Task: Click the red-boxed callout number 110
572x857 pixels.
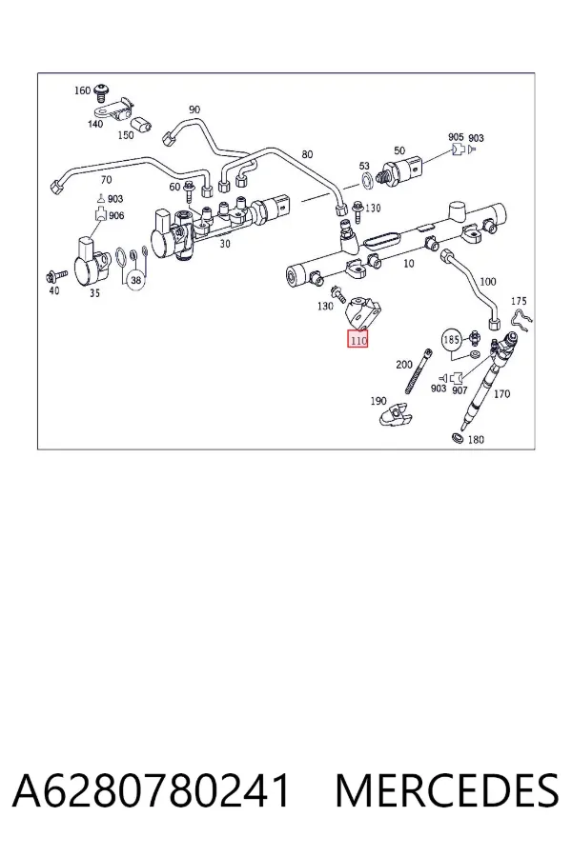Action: pyautogui.click(x=358, y=340)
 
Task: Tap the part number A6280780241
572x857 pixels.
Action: pyautogui.click(x=151, y=790)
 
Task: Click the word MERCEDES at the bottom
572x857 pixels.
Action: pyautogui.click(x=447, y=790)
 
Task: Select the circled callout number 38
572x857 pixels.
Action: pyautogui.click(x=135, y=280)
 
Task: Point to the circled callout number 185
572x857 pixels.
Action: pyautogui.click(x=451, y=340)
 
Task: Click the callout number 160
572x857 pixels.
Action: pyautogui.click(x=82, y=90)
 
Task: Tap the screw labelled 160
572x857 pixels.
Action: pyautogui.click(x=101, y=93)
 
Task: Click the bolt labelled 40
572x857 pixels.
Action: pyautogui.click(x=56, y=274)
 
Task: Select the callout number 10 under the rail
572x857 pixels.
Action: pyautogui.click(x=408, y=264)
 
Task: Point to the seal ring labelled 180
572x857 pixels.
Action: pyautogui.click(x=457, y=437)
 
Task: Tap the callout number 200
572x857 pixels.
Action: pyautogui.click(x=404, y=364)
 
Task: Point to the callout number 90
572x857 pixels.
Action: pyautogui.click(x=194, y=110)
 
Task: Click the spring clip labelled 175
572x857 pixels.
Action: pyautogui.click(x=522, y=322)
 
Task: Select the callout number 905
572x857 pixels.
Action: pyautogui.click(x=456, y=137)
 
